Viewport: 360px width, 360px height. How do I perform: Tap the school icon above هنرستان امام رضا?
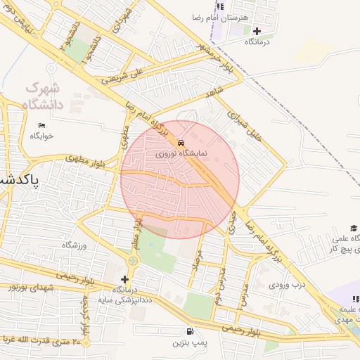point(220,6)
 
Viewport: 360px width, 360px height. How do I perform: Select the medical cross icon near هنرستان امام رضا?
point(257,31)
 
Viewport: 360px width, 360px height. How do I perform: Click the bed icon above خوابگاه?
point(42,125)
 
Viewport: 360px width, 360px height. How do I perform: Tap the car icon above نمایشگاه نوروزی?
point(182,141)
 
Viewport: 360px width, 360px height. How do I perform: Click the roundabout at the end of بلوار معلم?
point(133,261)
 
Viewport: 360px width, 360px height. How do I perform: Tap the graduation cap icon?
point(354,228)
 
